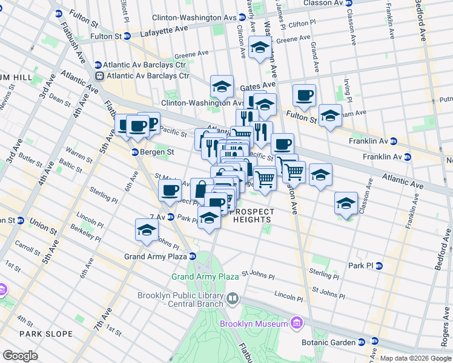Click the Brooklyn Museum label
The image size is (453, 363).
(x=253, y=324)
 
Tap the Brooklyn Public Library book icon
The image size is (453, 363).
(x=233, y=299)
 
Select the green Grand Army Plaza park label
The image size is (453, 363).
(x=205, y=276)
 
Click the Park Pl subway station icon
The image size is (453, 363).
(x=379, y=266)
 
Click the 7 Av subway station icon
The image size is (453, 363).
(x=171, y=217)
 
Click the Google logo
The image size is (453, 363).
(x=20, y=355)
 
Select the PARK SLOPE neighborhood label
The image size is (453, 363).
(x=46, y=334)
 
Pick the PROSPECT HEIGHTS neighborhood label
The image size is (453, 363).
(x=251, y=215)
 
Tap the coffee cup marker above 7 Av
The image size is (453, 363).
(x=169, y=191)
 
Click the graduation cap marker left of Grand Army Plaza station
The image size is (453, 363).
(x=146, y=230)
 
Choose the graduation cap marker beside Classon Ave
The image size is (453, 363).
(x=346, y=203)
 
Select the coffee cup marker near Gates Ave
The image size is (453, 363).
(x=304, y=95)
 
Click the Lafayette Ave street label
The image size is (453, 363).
(x=164, y=28)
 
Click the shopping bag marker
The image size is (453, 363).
(x=201, y=189)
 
